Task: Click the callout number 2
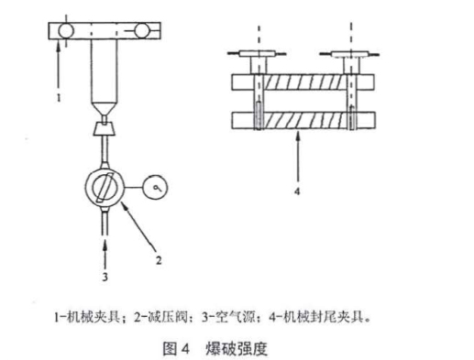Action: click(159, 260)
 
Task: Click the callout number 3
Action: click(105, 274)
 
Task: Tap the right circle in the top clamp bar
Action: click(143, 32)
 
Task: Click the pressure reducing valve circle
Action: click(105, 189)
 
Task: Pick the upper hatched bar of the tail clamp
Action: click(303, 81)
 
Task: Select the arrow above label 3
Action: click(105, 247)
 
